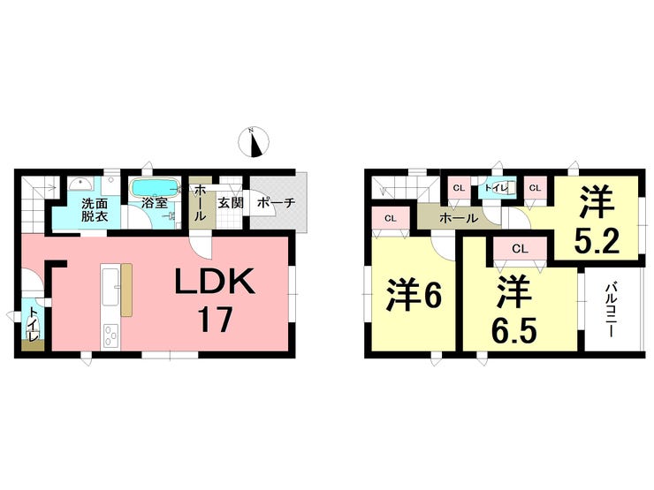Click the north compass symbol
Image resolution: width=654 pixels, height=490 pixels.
(x=257, y=141)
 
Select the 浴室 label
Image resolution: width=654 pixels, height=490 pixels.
(x=155, y=204)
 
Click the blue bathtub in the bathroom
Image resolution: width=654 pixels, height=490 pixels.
(x=156, y=187)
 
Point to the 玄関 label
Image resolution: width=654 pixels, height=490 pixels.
(x=231, y=202)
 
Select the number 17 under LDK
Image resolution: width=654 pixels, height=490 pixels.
(x=215, y=319)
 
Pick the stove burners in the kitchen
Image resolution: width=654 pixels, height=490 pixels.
(x=111, y=336)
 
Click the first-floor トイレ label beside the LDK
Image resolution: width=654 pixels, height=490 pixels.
(x=32, y=326)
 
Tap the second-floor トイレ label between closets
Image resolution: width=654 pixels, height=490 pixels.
(x=496, y=188)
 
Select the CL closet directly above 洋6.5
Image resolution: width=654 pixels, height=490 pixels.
(x=520, y=249)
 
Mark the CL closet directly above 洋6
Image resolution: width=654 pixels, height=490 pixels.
(x=390, y=217)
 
